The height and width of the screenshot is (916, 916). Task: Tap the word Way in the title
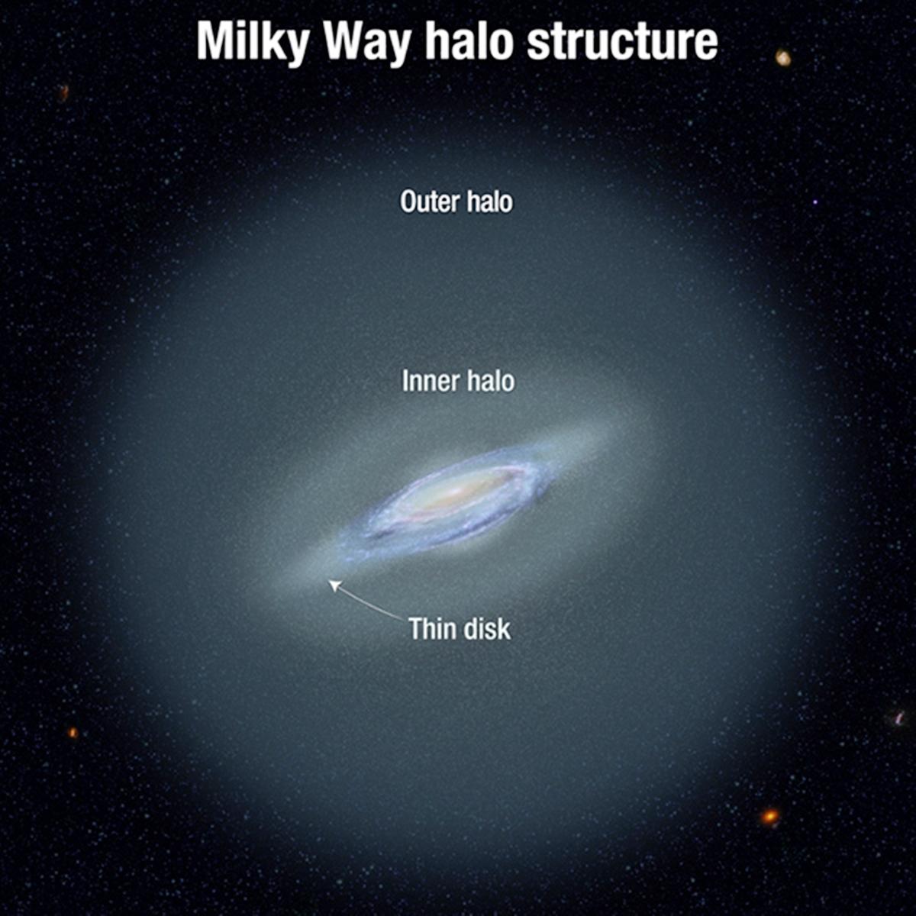point(368,41)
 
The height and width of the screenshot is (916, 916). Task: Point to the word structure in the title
point(622,41)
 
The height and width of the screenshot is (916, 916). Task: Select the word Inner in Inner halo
point(429,382)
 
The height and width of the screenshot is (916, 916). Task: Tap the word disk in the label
point(488,629)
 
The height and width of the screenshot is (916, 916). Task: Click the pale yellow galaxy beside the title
point(782,57)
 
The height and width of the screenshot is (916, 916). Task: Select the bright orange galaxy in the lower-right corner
point(770,817)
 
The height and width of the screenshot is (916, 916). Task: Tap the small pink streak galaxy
point(899,718)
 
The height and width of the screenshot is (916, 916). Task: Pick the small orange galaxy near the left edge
point(73,733)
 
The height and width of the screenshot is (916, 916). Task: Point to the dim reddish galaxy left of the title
point(64,92)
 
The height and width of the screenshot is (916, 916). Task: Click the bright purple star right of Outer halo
point(815,202)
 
